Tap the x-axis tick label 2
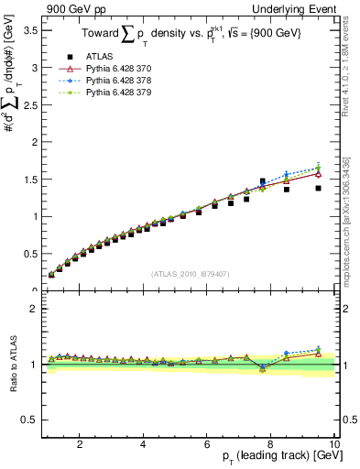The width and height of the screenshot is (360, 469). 80,444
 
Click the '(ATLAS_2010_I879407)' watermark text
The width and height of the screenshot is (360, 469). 190,272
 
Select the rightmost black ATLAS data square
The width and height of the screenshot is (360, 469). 318,188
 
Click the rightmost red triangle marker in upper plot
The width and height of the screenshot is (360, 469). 318,173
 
